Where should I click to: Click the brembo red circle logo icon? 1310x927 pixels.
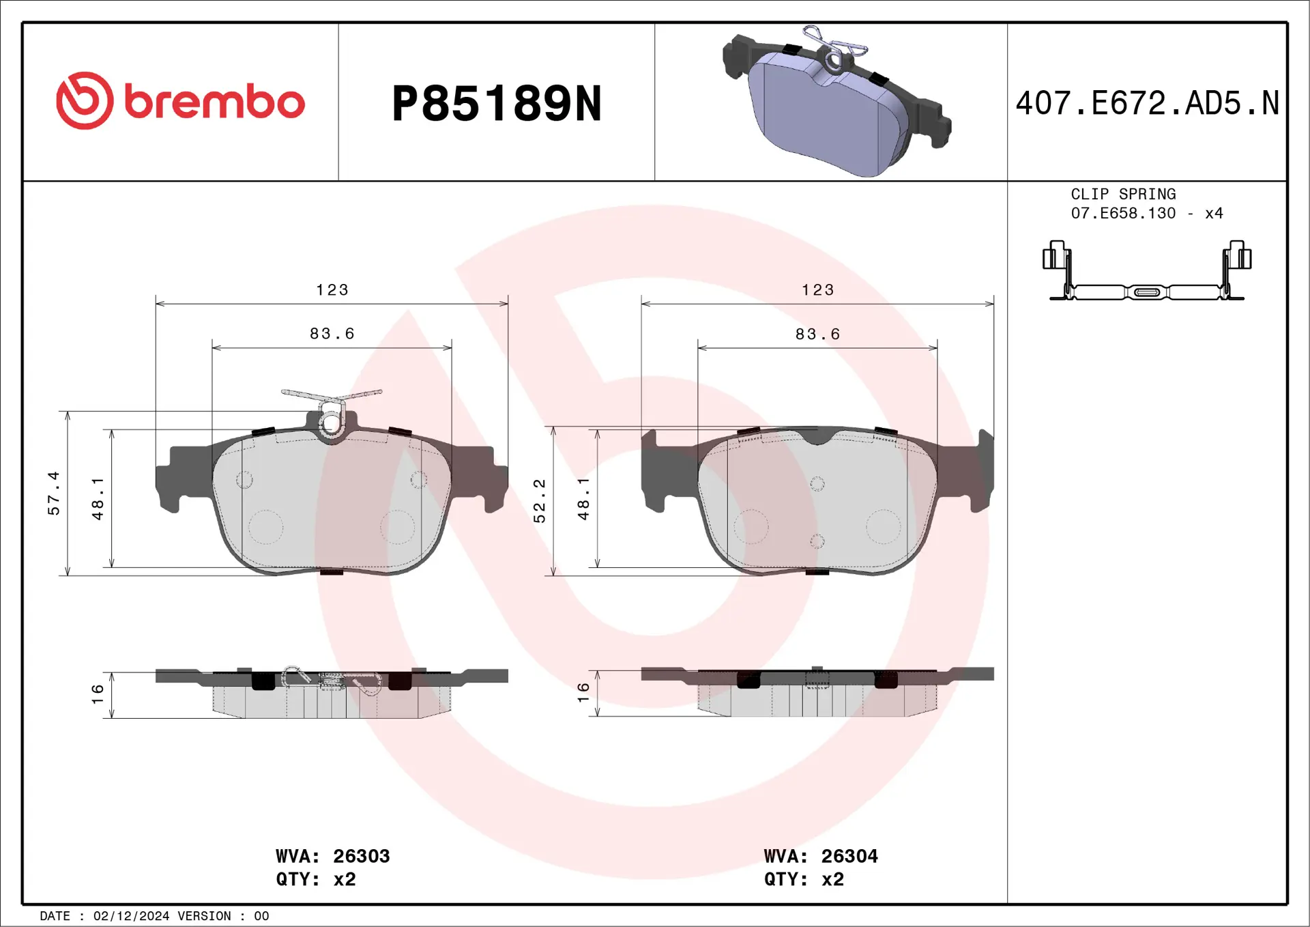pos(85,101)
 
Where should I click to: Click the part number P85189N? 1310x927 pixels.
pos(497,104)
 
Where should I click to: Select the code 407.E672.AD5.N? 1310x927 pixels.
pos(1147,104)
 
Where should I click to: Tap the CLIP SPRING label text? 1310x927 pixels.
pos(1123,195)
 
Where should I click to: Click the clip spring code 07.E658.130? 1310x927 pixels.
pos(1123,214)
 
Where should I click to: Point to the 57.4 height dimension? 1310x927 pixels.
pos(54,493)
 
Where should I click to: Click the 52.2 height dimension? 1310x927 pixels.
pos(540,501)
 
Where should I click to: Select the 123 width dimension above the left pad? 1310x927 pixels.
pos(332,290)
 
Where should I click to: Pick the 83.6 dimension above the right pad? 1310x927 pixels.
pos(817,334)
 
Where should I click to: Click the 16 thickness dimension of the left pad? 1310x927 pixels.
pos(98,694)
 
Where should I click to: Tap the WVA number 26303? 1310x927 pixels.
pos(361,856)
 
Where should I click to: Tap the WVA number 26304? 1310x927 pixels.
pos(849,856)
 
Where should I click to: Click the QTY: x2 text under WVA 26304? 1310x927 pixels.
pos(804,879)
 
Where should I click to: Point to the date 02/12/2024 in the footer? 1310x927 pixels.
pos(131,916)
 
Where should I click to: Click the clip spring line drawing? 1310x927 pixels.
pos(1147,273)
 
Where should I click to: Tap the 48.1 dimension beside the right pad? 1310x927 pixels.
pos(583,499)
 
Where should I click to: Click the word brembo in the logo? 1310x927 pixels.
pos(214,102)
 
